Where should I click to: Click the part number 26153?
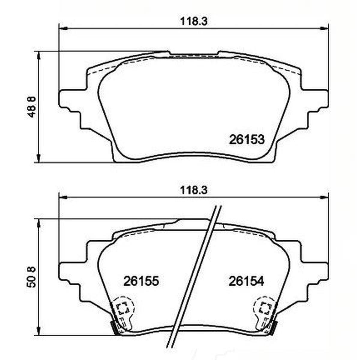pos(247,139)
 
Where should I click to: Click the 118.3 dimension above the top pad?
pos(194,22)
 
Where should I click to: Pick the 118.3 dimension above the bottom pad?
pos(194,190)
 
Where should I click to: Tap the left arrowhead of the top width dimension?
pos(63,28)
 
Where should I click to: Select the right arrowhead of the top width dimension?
pos(325,28)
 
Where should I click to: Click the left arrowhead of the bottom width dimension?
pos(63,197)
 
